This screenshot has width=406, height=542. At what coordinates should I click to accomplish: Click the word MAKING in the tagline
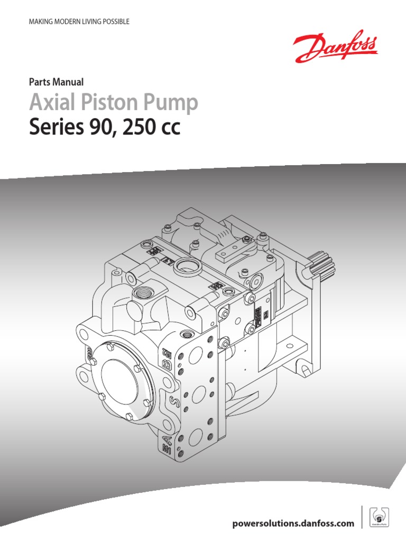tap(40, 22)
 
